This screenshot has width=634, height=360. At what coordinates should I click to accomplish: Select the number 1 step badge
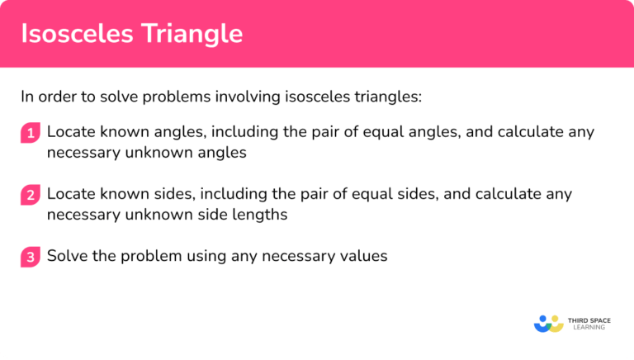pos(31,133)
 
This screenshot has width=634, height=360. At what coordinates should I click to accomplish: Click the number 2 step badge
pos(31,196)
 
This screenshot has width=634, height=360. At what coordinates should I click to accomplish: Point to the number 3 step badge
pos(31,258)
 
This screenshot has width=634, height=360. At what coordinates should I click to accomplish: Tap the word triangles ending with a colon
pos(387,97)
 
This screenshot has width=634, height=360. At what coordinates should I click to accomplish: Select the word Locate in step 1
pos(69,132)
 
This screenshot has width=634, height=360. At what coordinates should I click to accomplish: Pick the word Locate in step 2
pos(69,194)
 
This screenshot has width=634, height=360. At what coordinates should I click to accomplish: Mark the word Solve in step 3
pos(66,256)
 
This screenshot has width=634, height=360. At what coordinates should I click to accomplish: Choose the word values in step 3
pos(362,256)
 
